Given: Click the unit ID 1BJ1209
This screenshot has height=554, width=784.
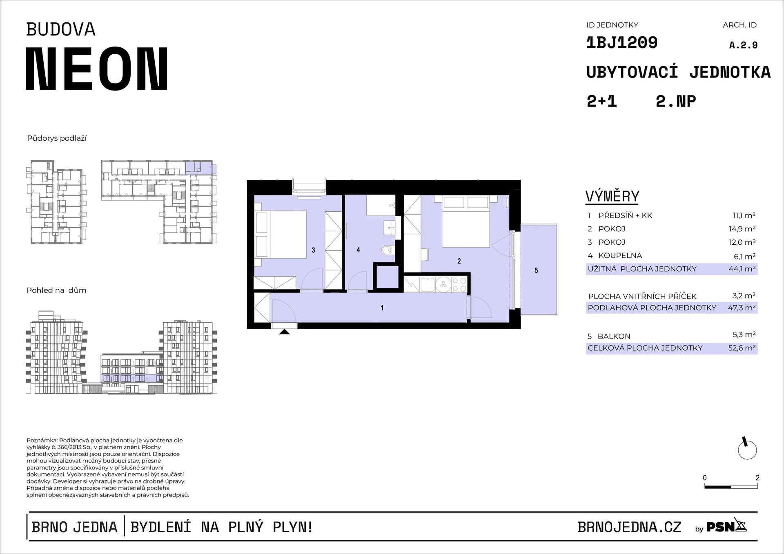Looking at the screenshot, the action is tap(621, 42).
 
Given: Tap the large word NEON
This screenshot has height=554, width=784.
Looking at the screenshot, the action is tap(97, 69).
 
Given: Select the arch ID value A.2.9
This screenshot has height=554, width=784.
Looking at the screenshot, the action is tap(743, 45).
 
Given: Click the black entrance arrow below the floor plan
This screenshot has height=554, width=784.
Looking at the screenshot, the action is tap(285, 332).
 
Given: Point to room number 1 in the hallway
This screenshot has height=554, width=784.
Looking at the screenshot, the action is tap(382, 308).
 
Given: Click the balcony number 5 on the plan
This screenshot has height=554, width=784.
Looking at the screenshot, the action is tap(536, 270).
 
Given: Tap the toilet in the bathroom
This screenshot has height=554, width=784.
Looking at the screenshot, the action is tap(387, 250).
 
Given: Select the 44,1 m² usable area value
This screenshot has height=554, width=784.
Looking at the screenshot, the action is tap(742, 269).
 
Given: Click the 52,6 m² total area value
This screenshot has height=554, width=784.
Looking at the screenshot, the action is tap(742, 348).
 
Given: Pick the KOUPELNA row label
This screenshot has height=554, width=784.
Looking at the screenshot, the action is tap(620, 256).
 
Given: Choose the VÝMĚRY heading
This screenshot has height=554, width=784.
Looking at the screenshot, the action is tap(612, 197).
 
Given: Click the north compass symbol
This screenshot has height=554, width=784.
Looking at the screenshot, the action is tap(747, 449).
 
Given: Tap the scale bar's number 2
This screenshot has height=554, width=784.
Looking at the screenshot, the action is tap(757, 478).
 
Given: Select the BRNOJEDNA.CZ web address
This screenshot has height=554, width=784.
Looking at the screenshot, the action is tap(630, 527).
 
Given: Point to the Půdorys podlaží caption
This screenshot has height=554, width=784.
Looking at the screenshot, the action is tap(57, 138).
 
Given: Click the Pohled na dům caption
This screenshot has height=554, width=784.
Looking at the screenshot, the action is tap(56, 290).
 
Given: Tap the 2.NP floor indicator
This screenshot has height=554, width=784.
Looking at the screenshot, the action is tap(676, 101).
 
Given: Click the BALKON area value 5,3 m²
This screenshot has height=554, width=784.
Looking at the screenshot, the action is tap(744, 335).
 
